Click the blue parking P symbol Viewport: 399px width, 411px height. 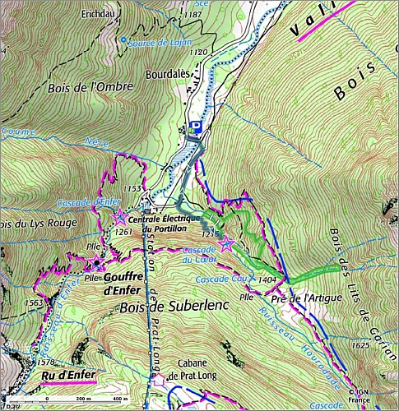tap(196, 126)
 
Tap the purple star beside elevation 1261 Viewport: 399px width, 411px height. tap(120, 216)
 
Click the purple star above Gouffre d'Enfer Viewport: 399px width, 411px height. tap(98, 263)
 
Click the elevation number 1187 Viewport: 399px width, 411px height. tap(193, 15)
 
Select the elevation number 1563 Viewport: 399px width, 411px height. tap(35, 302)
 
